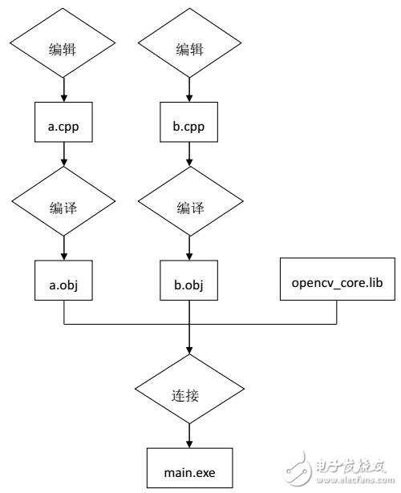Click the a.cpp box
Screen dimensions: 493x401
[x=63, y=126]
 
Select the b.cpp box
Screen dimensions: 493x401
[x=188, y=126]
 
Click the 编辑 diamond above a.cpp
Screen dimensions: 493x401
[x=63, y=50]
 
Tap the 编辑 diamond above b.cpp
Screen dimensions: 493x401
[x=188, y=50]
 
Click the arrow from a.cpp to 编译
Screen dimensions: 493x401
[x=63, y=160]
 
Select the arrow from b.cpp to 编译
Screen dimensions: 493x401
[x=188, y=160]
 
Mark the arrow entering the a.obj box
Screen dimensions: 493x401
[x=63, y=246]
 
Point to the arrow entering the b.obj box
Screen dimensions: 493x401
[x=188, y=246]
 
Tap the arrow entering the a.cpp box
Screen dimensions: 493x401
[x=63, y=90]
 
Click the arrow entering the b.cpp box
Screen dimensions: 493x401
[x=188, y=90]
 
